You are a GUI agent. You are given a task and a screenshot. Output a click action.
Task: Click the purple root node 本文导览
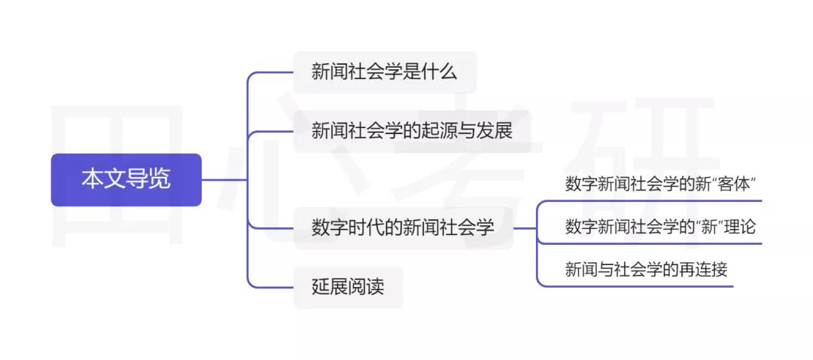coord(126,180)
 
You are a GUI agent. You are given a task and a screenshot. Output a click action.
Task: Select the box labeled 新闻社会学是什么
coord(385,72)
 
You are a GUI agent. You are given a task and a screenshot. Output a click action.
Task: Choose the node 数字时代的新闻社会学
coord(403,227)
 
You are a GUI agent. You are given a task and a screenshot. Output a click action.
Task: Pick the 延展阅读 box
coord(348,288)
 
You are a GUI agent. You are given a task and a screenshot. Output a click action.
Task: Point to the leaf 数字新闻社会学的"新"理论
coord(660,227)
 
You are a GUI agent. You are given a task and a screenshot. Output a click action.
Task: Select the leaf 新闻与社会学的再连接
coord(646,270)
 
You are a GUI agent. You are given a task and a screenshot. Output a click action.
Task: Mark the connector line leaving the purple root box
coord(224,180)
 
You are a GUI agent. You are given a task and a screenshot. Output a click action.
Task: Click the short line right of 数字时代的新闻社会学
coord(525,228)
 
